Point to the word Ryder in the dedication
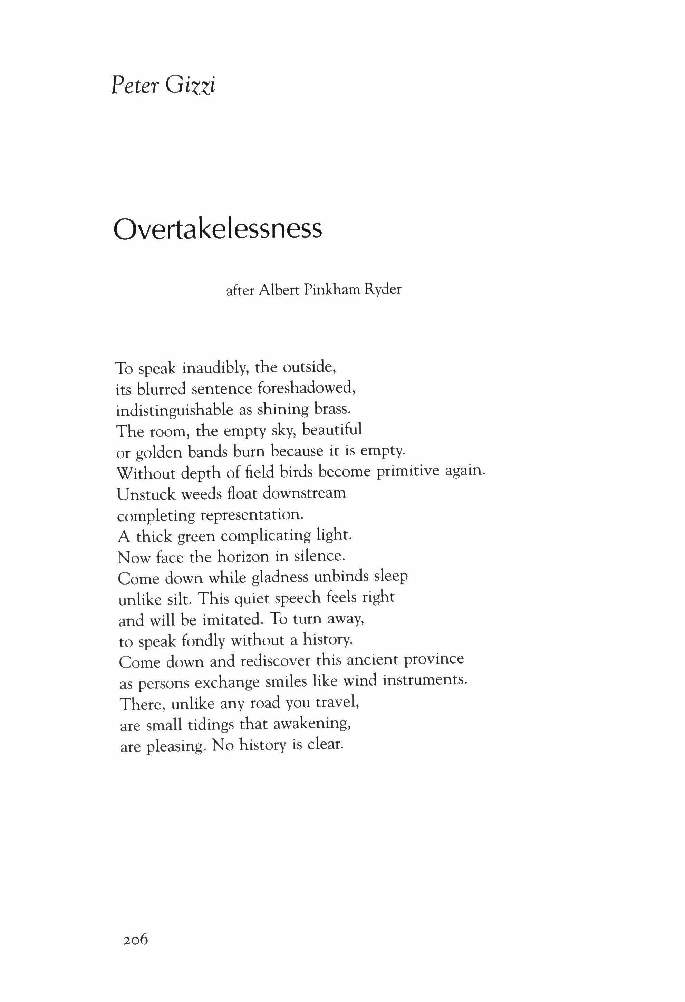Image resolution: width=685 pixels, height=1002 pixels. click(x=383, y=290)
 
